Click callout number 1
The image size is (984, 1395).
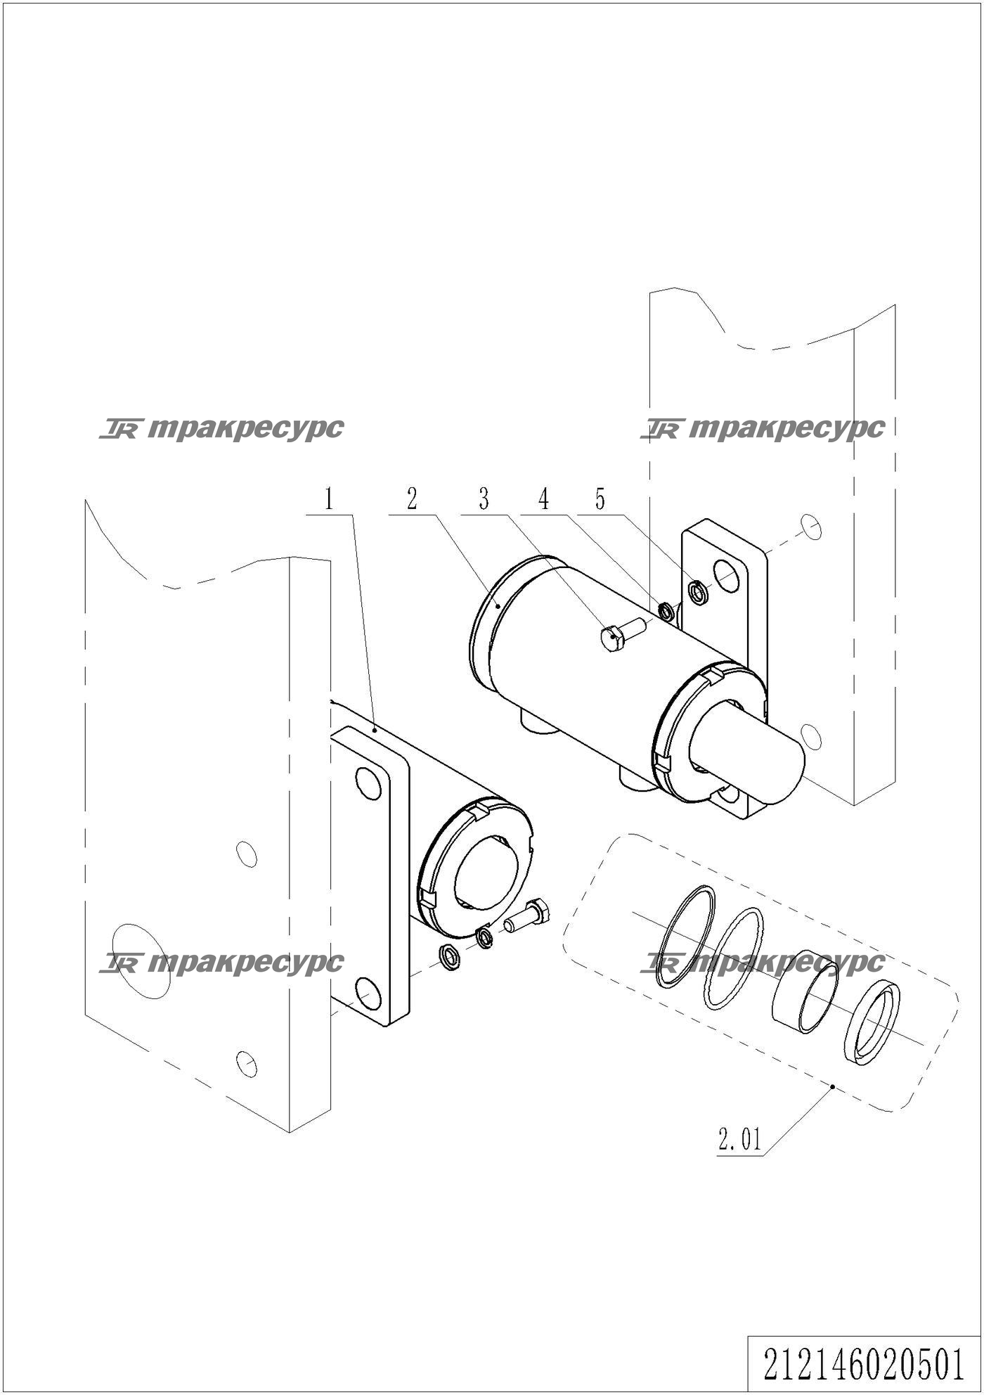(328, 500)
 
